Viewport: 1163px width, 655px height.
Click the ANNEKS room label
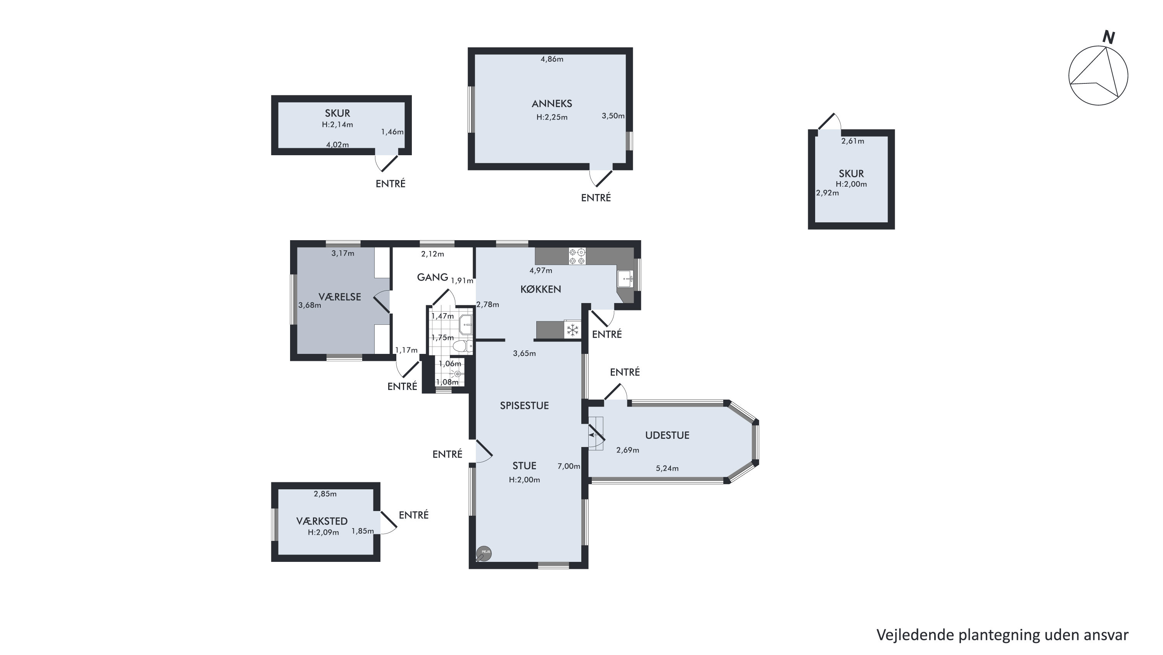tap(552, 104)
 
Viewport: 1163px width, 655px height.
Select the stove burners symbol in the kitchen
tap(577, 256)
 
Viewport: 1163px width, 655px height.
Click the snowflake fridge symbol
tap(572, 329)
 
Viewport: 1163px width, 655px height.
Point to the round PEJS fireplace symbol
tap(484, 553)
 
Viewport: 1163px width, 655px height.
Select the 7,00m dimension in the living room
tap(569, 466)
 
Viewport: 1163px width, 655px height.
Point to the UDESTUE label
tap(667, 435)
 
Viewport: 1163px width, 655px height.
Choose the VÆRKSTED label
tap(322, 521)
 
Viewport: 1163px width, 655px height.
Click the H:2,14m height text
tap(337, 125)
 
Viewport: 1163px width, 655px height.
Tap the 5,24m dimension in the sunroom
tap(667, 468)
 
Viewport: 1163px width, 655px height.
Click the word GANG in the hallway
tap(432, 277)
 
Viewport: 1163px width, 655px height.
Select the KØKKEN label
tap(541, 289)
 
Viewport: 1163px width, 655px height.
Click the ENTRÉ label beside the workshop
tap(413, 515)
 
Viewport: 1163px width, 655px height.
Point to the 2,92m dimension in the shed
tap(828, 193)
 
